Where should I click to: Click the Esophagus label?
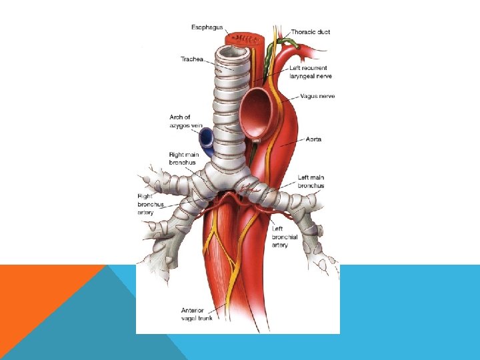tap(207, 27)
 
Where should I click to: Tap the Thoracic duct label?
tap(310, 32)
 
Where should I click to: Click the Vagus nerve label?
tap(317, 96)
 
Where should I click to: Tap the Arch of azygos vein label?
tap(185, 121)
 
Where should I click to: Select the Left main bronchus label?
tap(311, 181)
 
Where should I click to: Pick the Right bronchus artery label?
tap(147, 204)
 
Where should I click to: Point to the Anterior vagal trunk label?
tap(197, 314)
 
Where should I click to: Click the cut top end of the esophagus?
tap(245, 38)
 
